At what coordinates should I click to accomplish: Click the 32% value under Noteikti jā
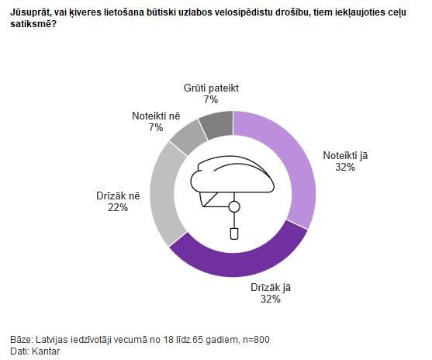tap(345, 167)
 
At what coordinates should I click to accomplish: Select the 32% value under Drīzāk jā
tap(271, 299)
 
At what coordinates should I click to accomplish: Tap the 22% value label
tap(118, 207)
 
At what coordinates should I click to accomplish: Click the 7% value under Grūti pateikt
tap(211, 99)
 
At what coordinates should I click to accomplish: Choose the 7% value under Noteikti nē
tap(156, 127)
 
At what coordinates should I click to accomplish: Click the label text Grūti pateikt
tap(211, 88)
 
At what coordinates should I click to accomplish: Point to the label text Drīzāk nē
tap(118, 196)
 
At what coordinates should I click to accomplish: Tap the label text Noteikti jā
tap(345, 156)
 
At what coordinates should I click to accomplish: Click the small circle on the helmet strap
tap(234, 206)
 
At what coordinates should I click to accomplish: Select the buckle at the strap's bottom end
tap(234, 234)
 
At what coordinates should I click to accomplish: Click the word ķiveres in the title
tap(87, 12)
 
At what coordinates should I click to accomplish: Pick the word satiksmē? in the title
tap(33, 24)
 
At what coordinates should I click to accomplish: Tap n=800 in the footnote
tap(257, 339)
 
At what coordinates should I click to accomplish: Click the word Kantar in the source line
tap(46, 351)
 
